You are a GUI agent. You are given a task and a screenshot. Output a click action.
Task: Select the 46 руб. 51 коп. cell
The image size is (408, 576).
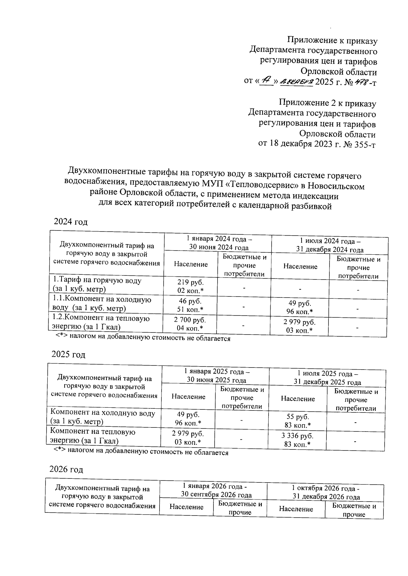[190, 305]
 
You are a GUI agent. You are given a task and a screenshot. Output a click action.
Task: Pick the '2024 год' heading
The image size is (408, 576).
[71, 222]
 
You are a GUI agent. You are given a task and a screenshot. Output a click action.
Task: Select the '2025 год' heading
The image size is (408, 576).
[68, 354]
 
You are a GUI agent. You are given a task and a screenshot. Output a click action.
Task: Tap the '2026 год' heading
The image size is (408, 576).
[66, 470]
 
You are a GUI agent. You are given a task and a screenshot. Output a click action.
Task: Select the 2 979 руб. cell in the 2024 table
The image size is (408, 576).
[299, 326]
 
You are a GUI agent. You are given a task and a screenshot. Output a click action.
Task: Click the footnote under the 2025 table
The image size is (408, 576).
[141, 453]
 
